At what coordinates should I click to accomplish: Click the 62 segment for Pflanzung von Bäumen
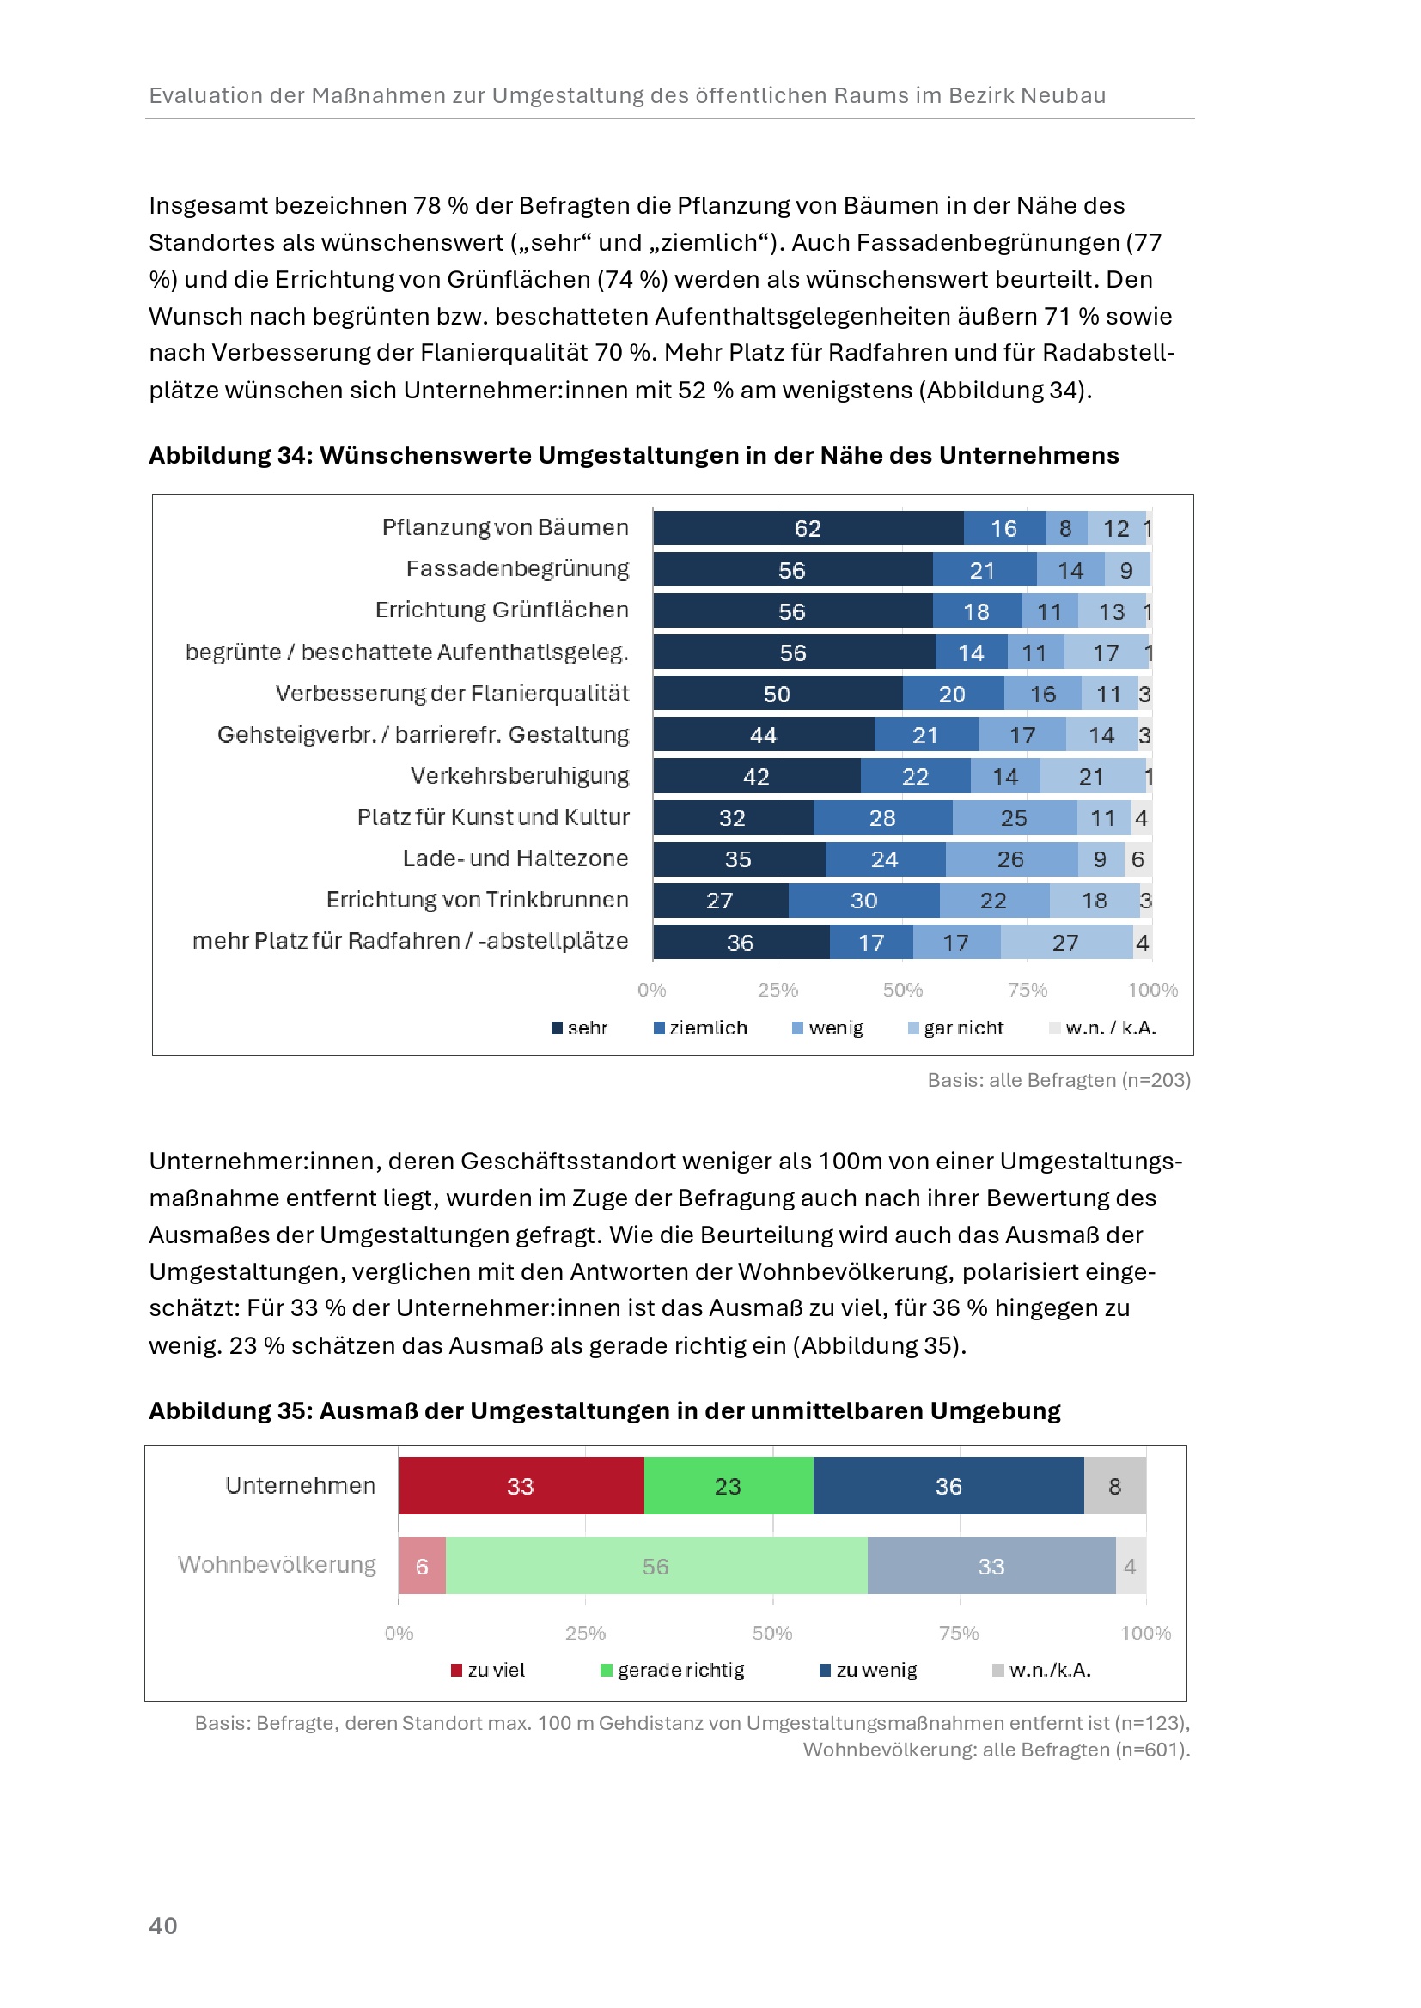click(x=808, y=528)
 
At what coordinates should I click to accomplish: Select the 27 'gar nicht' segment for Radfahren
click(x=1065, y=943)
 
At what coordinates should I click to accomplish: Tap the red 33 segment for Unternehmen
click(x=521, y=1486)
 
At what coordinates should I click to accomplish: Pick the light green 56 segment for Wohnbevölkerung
click(x=656, y=1567)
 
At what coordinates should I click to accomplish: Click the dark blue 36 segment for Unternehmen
click(x=948, y=1486)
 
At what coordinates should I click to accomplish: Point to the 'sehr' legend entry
click(x=579, y=1028)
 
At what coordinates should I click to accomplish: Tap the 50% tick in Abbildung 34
click(x=902, y=990)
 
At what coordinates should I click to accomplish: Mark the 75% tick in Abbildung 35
click(x=959, y=1633)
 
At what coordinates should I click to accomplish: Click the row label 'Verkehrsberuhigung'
click(x=520, y=776)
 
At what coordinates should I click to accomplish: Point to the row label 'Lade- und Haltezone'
click(x=515, y=858)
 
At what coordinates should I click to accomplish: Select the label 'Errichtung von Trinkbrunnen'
click(x=478, y=899)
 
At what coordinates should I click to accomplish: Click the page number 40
click(x=163, y=1926)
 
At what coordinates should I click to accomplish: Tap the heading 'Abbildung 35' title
click(x=604, y=1410)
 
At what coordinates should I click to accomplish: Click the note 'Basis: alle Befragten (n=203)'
click(x=1058, y=1080)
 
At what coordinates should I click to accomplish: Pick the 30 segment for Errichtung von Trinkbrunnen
click(x=863, y=901)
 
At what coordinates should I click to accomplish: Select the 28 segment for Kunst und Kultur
click(x=882, y=818)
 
